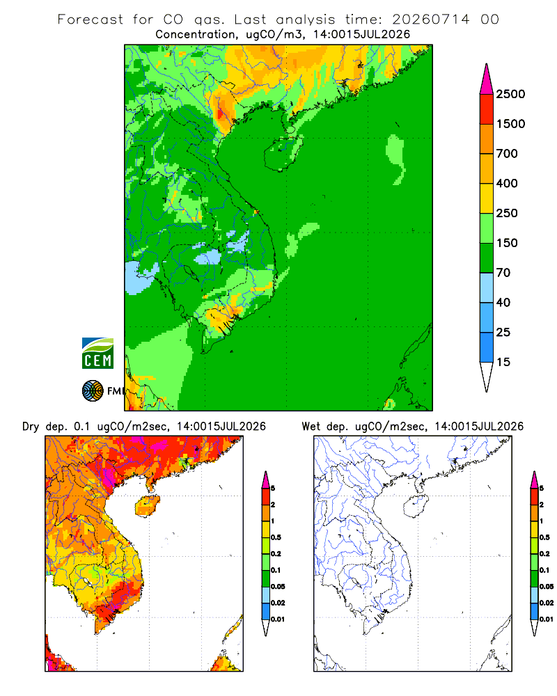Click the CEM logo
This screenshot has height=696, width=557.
[97, 354]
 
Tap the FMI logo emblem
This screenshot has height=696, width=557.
[93, 391]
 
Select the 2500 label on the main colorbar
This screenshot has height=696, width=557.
[510, 94]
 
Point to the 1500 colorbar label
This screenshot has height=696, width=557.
[510, 124]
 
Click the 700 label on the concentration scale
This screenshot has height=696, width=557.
[507, 154]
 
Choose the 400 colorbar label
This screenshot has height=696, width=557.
[507, 183]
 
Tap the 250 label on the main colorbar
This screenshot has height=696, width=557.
[507, 213]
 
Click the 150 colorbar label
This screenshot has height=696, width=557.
[507, 243]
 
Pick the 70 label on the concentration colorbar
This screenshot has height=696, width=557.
[503, 273]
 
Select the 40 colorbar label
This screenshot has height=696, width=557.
[503, 302]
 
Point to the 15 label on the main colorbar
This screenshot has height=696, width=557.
[503, 362]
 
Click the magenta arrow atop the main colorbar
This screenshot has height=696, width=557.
[487, 80]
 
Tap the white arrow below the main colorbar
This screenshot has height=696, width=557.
[487, 376]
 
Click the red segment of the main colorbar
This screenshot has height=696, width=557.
[487, 109]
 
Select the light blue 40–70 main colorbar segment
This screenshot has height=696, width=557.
[487, 287]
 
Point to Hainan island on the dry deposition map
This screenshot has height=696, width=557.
[148, 506]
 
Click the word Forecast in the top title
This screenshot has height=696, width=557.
[91, 19]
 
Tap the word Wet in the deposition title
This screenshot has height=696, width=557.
[311, 427]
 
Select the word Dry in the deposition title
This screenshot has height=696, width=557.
[31, 427]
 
